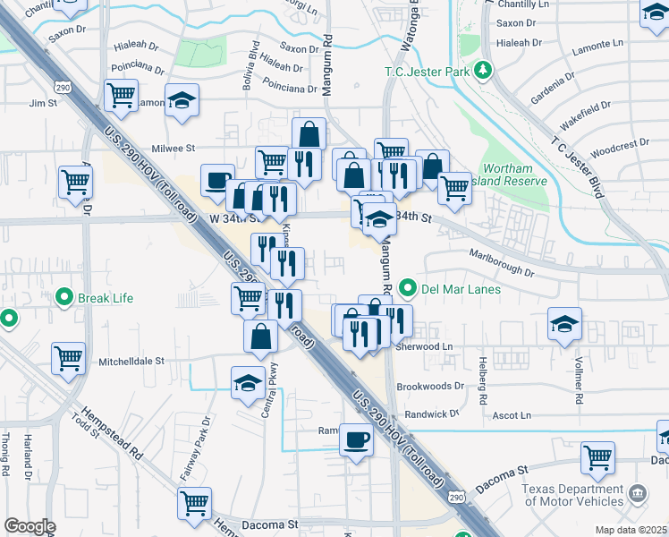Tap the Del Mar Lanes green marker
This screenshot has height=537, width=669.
click(x=408, y=288)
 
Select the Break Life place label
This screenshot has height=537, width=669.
click(x=106, y=297)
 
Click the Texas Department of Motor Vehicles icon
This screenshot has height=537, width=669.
click(x=638, y=491)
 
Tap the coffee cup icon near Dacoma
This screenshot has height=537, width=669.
click(x=357, y=440)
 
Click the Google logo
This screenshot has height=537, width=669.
click(x=30, y=526)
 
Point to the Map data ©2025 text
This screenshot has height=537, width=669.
click(x=631, y=530)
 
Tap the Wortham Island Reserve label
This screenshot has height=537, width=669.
click(x=513, y=175)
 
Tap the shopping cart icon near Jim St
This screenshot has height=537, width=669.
click(x=121, y=94)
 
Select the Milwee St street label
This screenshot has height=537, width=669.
click(x=174, y=148)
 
